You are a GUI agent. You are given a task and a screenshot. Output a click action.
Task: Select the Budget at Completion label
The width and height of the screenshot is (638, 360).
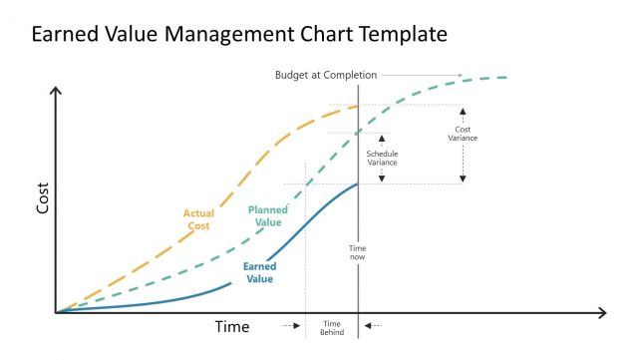324,75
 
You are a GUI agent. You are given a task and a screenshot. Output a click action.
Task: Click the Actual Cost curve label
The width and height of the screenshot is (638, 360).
199,219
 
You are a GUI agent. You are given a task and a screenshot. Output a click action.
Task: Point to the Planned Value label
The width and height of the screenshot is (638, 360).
267,216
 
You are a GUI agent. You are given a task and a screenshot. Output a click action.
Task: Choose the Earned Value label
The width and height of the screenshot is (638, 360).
259,272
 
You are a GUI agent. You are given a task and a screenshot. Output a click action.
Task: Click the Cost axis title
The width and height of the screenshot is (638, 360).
43,200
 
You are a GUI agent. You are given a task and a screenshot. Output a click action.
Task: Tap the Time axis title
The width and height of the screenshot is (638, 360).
232,326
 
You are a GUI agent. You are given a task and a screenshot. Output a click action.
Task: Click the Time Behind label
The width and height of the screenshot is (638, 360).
332,328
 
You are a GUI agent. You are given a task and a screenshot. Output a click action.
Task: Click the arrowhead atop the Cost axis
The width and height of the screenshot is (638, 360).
57,91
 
